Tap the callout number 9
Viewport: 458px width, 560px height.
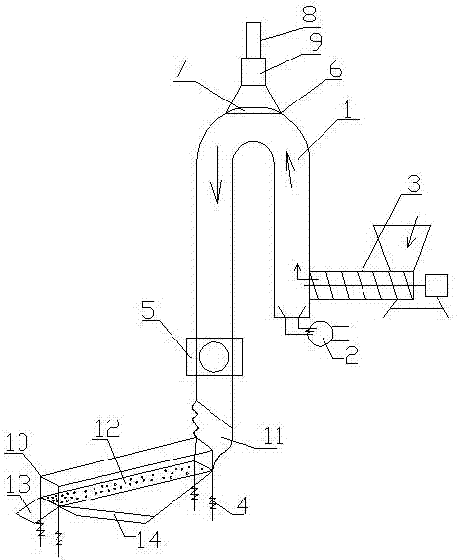(313, 42)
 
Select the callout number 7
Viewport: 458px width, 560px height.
(182, 70)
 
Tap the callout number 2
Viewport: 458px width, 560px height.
(349, 353)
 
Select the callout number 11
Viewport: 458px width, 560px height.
(273, 435)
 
